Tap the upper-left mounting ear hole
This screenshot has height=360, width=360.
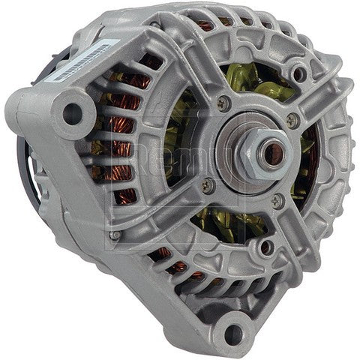[x=72, y=113]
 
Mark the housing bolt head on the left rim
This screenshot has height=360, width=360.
[x=114, y=235]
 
